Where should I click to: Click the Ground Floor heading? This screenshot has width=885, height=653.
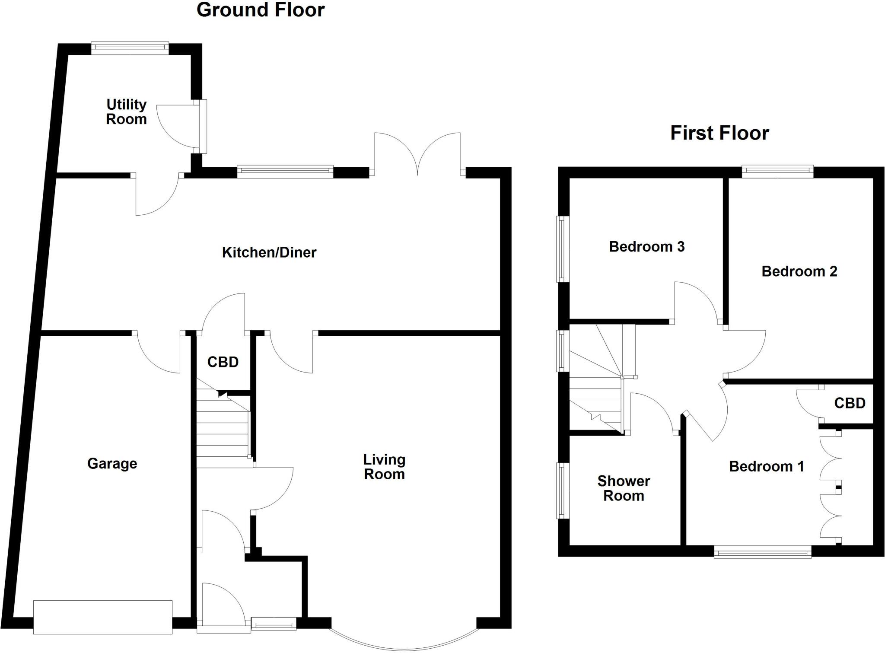pos(260,10)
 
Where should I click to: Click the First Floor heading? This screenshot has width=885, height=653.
pos(719,133)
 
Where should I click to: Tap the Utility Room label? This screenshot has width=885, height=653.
pos(126,111)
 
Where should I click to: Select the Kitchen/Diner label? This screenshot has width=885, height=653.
pos(269,252)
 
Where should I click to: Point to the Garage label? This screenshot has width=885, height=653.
pos(112,463)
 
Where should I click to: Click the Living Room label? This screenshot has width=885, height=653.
pos(384,467)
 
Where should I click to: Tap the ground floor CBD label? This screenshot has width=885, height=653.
pos(223,362)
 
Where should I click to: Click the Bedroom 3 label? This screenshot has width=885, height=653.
pos(646,246)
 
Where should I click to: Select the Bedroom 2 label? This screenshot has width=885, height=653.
pos(799,271)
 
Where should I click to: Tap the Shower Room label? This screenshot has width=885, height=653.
pos(624,488)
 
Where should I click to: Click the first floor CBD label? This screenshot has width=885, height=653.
pos(850,403)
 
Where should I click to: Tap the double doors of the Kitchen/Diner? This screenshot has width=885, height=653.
pos(417,156)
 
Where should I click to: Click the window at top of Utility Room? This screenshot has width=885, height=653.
pos(130,48)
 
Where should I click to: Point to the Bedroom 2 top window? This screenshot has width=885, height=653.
pos(777,172)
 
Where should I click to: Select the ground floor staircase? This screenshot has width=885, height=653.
pos(223,432)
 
